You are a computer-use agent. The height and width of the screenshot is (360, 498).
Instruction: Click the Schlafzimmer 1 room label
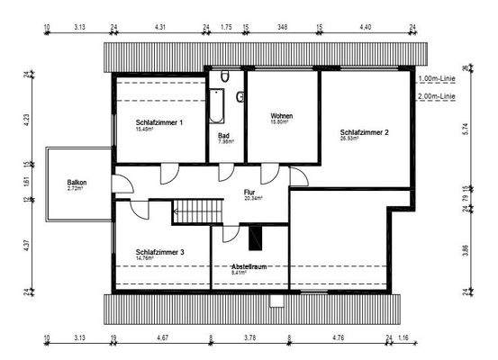(159, 121)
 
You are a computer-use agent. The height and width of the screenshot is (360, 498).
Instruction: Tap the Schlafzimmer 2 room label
(365, 132)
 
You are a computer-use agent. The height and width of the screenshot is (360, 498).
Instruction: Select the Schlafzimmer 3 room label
(159, 253)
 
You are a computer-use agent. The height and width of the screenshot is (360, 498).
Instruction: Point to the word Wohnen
(283, 117)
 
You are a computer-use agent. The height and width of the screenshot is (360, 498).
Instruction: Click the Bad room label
(224, 135)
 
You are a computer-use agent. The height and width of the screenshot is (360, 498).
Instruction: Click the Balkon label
(77, 183)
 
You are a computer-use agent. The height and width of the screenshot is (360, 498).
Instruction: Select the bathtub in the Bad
(216, 106)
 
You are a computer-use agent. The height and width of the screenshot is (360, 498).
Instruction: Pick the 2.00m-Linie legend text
(437, 94)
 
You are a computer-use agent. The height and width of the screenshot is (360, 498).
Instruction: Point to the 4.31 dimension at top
(160, 27)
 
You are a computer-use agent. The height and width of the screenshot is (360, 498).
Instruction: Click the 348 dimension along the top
(283, 27)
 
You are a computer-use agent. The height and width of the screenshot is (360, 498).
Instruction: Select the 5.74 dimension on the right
(466, 128)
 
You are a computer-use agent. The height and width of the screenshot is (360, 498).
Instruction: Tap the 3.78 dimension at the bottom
(250, 338)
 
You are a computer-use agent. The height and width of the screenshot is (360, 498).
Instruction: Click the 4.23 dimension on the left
(26, 117)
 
